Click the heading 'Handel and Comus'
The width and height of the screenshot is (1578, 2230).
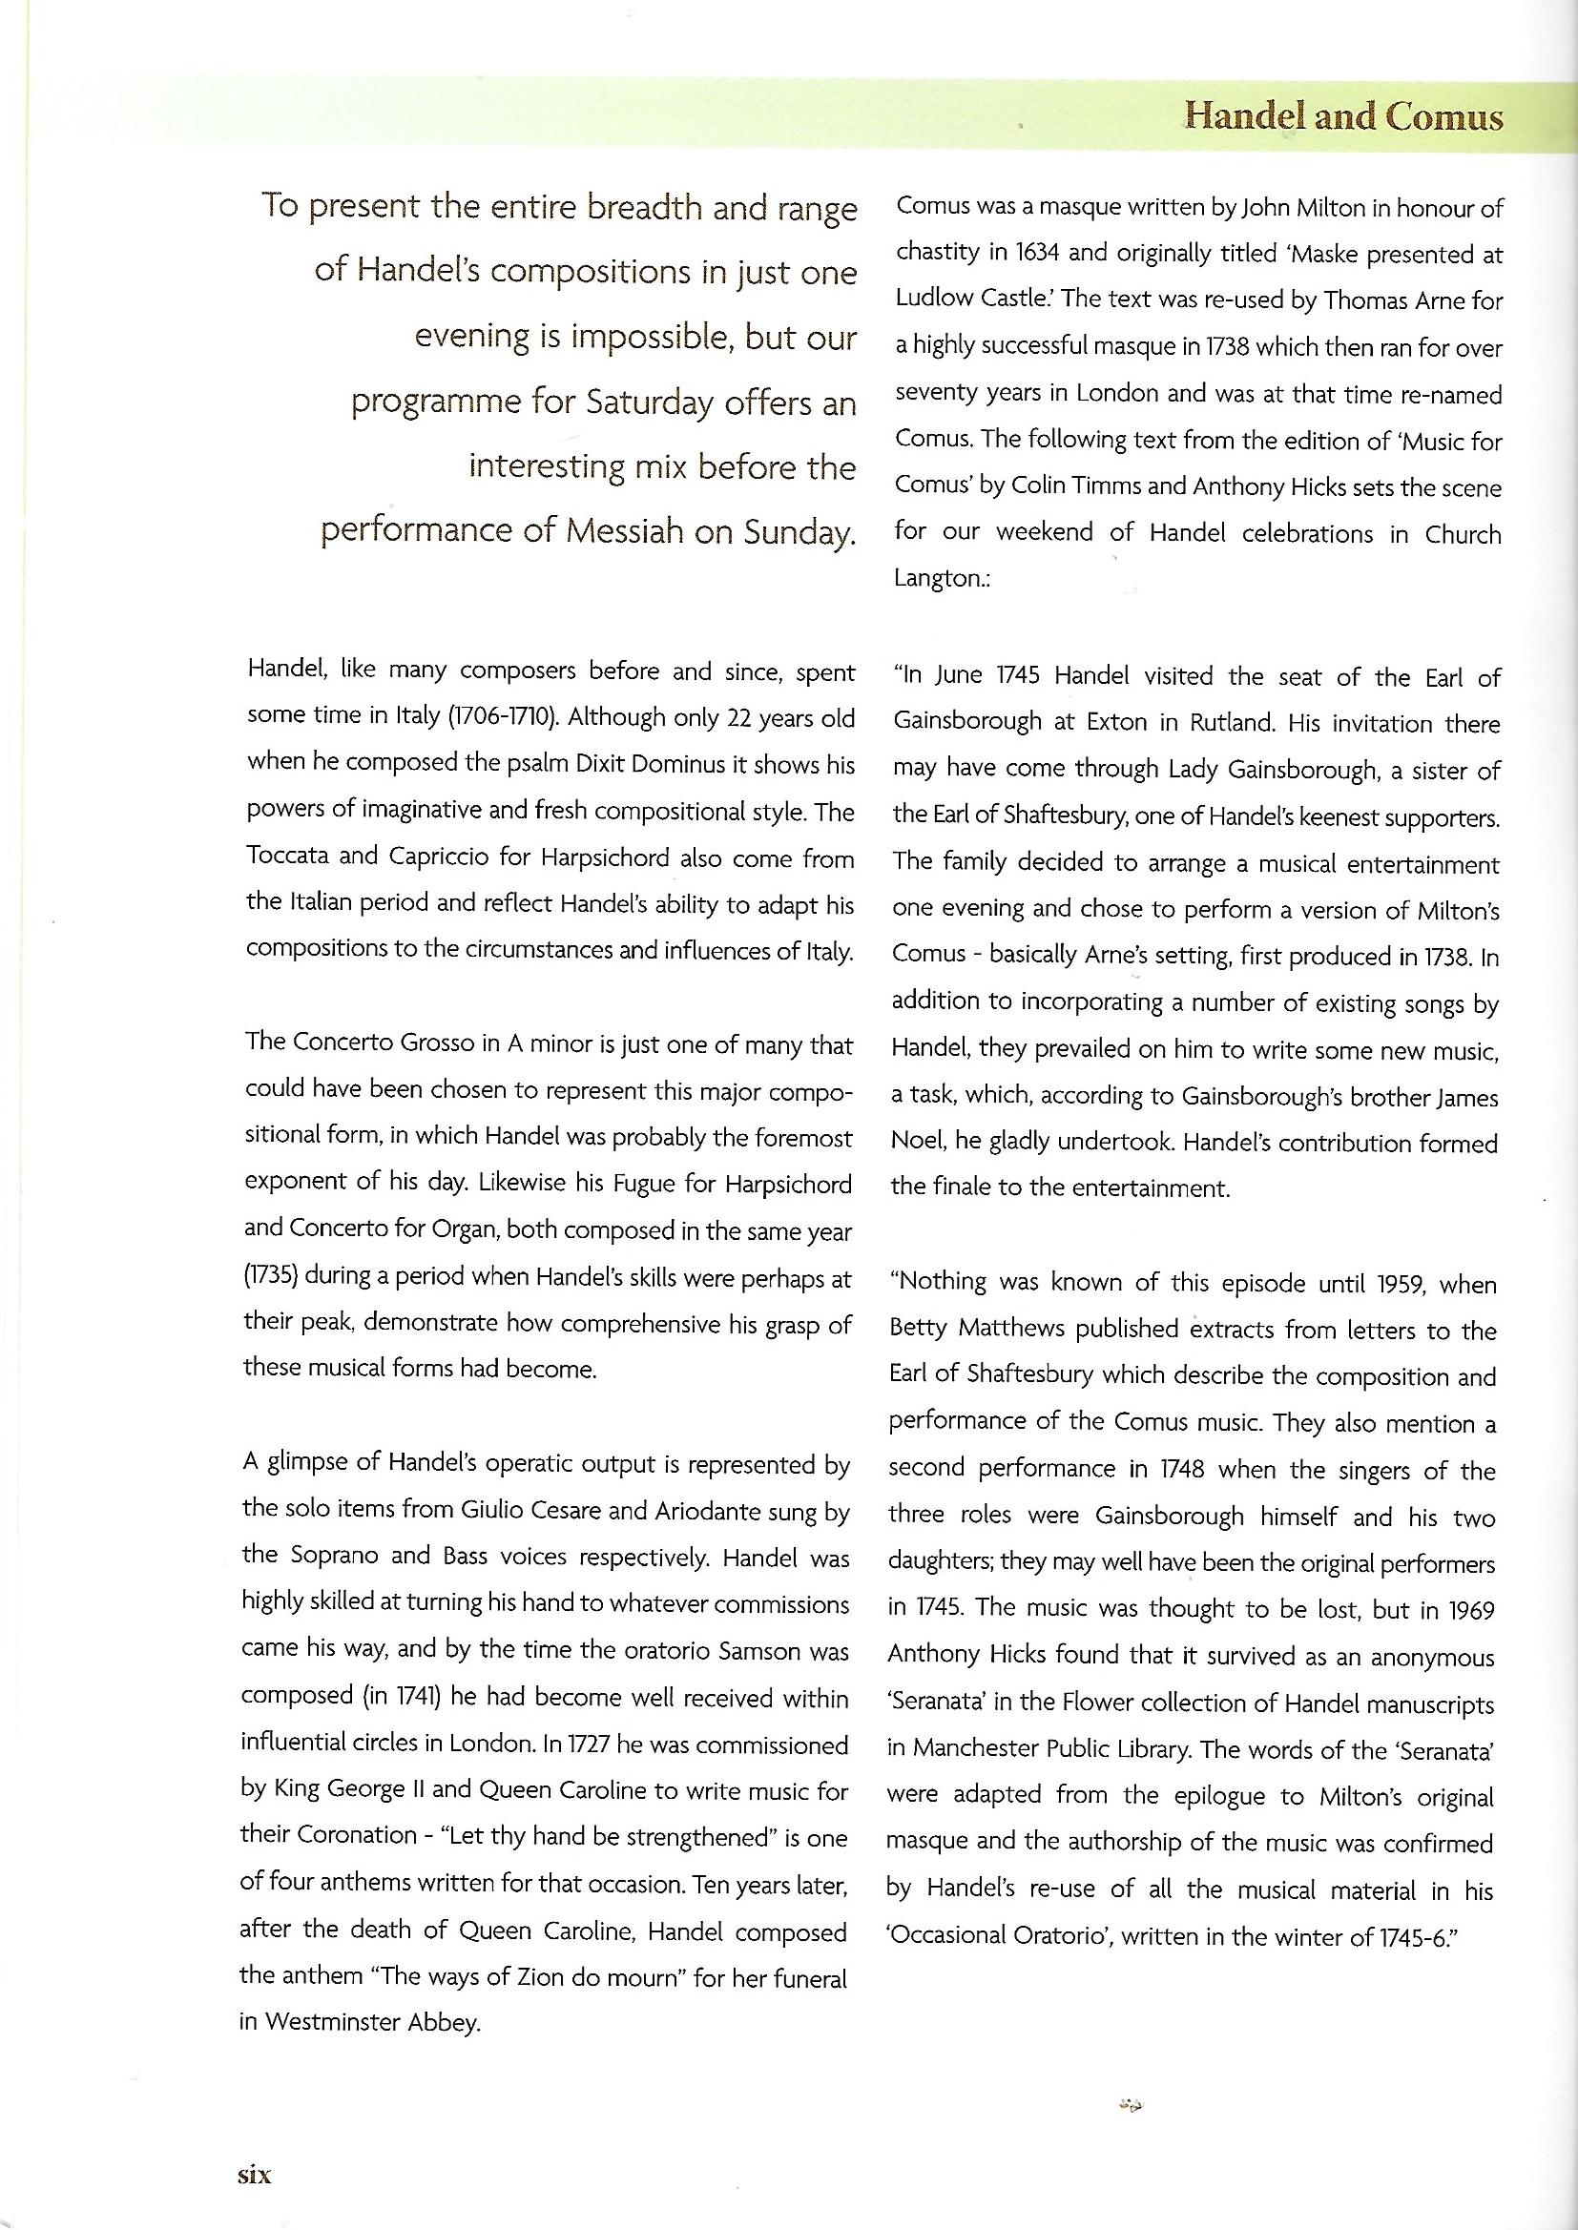click(1345, 117)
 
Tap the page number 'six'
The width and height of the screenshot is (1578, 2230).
click(255, 2176)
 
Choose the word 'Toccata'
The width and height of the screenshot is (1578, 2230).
click(291, 858)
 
